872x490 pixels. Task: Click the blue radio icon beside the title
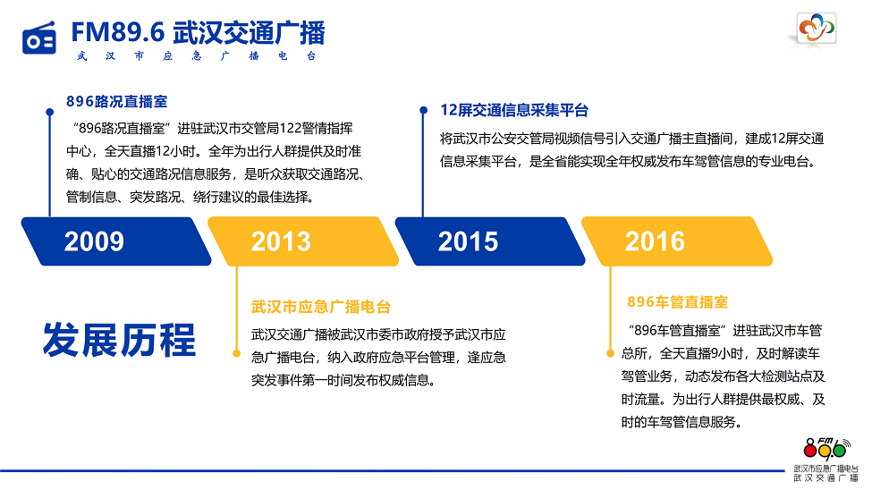click(39, 38)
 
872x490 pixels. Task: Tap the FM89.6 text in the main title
click(118, 32)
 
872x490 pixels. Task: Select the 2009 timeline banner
click(116, 241)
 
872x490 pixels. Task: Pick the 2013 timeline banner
click(303, 241)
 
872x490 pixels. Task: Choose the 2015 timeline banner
click(490, 241)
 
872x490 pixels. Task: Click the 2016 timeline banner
click(677, 241)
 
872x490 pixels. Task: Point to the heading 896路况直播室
click(117, 102)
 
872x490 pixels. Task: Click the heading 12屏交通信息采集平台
click(514, 110)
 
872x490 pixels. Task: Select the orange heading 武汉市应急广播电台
click(321, 307)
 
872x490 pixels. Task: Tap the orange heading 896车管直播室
click(677, 302)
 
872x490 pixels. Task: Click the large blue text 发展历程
click(119, 340)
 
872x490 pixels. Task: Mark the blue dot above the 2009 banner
click(49, 112)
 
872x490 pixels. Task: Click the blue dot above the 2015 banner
click(423, 110)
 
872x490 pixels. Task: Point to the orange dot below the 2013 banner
click(236, 353)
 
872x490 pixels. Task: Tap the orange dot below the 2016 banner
click(610, 353)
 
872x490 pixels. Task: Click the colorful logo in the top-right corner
click(817, 28)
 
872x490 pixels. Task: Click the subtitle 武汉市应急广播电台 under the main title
click(197, 56)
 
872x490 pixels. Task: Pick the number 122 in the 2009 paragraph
click(290, 129)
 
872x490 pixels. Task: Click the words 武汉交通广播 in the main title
click(249, 32)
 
